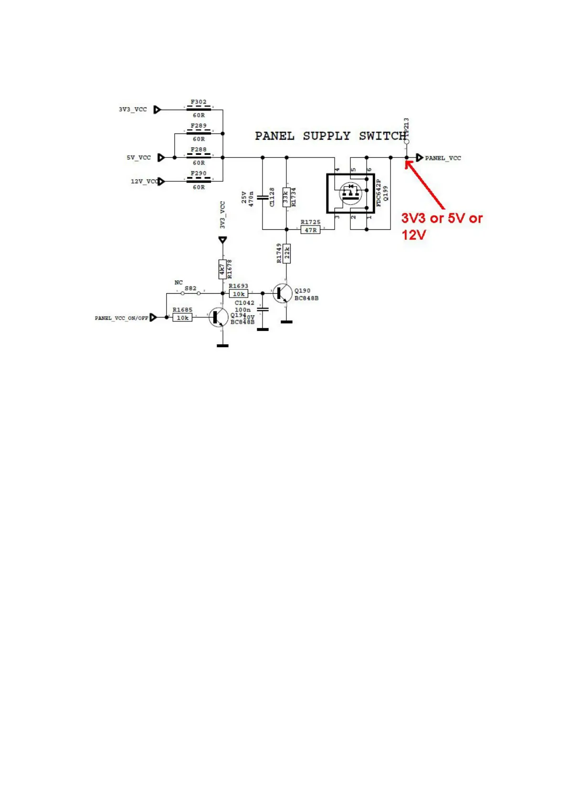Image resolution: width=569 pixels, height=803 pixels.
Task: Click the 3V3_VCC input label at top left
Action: pyautogui.click(x=133, y=109)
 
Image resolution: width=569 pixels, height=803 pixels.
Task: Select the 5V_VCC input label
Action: pyautogui.click(x=138, y=157)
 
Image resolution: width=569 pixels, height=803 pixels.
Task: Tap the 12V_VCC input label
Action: pyautogui.click(x=144, y=182)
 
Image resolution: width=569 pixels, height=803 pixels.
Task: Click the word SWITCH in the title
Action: pyautogui.click(x=383, y=136)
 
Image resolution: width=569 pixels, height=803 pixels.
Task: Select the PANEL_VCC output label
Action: pyautogui.click(x=443, y=158)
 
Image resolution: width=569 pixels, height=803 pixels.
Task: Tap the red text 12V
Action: pyautogui.click(x=413, y=235)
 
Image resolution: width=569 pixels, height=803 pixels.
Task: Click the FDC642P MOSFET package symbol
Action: pyautogui.click(x=351, y=194)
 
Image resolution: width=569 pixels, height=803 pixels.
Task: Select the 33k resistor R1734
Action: pyautogui.click(x=286, y=197)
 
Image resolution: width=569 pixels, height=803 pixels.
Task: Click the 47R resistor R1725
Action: pyautogui.click(x=310, y=230)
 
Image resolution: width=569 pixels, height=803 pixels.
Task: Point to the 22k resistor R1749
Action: pyautogui.click(x=286, y=254)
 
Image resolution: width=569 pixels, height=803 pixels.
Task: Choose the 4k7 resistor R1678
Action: pyautogui.click(x=222, y=269)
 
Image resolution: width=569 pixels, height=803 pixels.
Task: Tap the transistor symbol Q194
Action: pyautogui.click(x=219, y=317)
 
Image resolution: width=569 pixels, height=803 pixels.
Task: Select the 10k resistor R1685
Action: pyautogui.click(x=182, y=318)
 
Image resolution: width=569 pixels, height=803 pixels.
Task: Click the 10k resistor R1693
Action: pyautogui.click(x=239, y=294)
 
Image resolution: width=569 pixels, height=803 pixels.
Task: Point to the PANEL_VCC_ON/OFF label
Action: pyautogui.click(x=121, y=318)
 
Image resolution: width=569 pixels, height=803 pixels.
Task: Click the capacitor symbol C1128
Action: pyautogui.click(x=262, y=197)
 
